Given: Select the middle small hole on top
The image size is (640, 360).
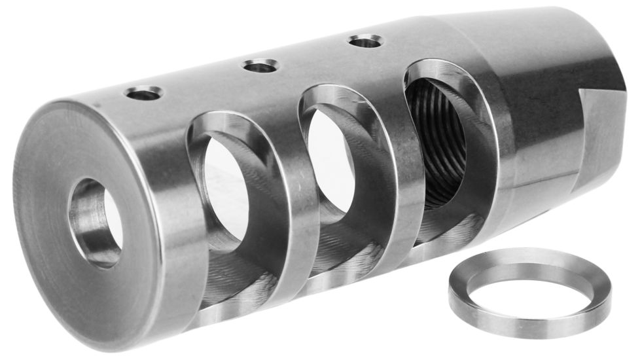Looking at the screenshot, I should (x=260, y=65).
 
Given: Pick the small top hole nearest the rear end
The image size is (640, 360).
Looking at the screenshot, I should (x=365, y=41).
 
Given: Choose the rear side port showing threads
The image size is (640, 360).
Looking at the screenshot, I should (x=437, y=141).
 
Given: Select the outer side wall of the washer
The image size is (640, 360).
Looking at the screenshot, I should (x=524, y=324).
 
